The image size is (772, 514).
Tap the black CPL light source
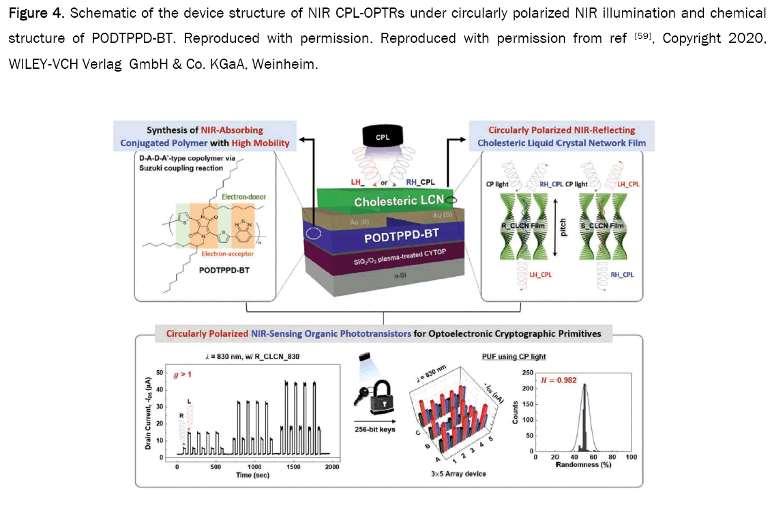click(387, 138)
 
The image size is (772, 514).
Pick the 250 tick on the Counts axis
click(526, 373)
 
